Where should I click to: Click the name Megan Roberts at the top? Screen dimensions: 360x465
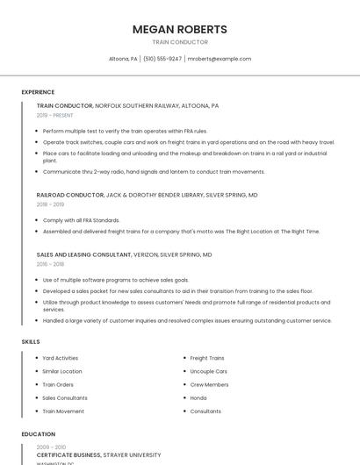pyautogui.click(x=179, y=29)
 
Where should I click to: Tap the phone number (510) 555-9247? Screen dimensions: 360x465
pyautogui.click(x=162, y=59)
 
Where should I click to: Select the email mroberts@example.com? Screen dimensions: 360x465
pyautogui.click(x=220, y=59)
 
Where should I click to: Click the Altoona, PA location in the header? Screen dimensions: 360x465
pyautogui.click(x=123, y=59)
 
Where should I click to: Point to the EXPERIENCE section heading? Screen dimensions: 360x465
pyautogui.click(x=38, y=92)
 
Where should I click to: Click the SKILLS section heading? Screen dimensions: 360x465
pyautogui.click(x=31, y=341)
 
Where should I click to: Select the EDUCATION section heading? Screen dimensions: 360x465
pyautogui.click(x=38, y=434)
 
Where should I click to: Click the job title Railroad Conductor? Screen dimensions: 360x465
pyautogui.click(x=70, y=195)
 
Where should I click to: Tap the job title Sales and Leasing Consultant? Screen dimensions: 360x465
pyautogui.click(x=83, y=254)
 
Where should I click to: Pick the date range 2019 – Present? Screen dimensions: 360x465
pyautogui.click(x=54, y=115)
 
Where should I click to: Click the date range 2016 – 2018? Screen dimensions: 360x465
pyautogui.click(x=50, y=263)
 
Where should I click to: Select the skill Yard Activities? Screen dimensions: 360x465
pyautogui.click(x=61, y=358)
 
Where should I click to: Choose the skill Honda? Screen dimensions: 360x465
pyautogui.click(x=198, y=397)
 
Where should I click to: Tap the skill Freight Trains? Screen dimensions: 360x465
pyautogui.click(x=207, y=358)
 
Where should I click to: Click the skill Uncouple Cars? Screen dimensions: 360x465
pyautogui.click(x=208, y=371)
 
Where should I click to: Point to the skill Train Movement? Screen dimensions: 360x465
pyautogui.click(x=63, y=411)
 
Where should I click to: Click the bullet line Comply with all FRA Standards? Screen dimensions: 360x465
pyautogui.click(x=81, y=220)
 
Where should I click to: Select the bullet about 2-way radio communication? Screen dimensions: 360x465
pyautogui.click(x=153, y=172)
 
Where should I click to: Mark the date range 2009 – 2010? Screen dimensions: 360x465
pyautogui.click(x=50, y=447)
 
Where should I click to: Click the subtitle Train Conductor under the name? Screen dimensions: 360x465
pyautogui.click(x=179, y=42)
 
